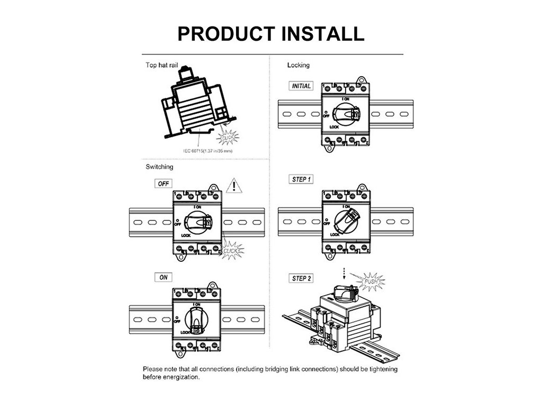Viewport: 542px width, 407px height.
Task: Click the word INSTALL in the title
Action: pyautogui.click(x=323, y=33)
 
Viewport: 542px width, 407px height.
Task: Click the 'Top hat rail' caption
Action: pyautogui.click(x=161, y=66)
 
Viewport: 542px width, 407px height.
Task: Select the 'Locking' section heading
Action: pyautogui.click(x=299, y=65)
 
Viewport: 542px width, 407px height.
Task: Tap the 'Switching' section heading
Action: pyautogui.click(x=159, y=167)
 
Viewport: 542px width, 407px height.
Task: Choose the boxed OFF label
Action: pyautogui.click(x=162, y=184)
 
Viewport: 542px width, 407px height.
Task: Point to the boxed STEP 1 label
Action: pyautogui.click(x=301, y=180)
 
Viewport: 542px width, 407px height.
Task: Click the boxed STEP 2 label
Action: pyautogui.click(x=302, y=278)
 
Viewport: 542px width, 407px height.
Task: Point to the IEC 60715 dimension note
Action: pyautogui.click(x=208, y=151)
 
